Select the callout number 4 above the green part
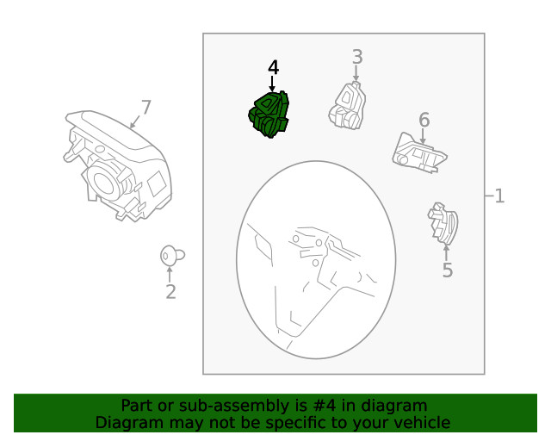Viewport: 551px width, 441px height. pyautogui.click(x=273, y=68)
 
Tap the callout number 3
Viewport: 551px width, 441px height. pyautogui.click(x=356, y=57)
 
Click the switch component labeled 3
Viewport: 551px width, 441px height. pyautogui.click(x=348, y=105)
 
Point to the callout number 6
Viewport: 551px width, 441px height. pyautogui.click(x=424, y=119)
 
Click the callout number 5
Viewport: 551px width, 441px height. pyautogui.click(x=447, y=270)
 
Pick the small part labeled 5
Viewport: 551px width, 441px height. pyautogui.click(x=443, y=224)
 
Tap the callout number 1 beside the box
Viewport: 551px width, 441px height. pyautogui.click(x=498, y=196)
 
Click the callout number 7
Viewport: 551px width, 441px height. pyautogui.click(x=145, y=108)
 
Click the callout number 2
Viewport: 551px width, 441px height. pyautogui.click(x=170, y=292)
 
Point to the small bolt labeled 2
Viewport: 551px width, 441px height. pyautogui.click(x=170, y=255)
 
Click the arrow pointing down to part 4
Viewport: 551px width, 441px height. pyautogui.click(x=273, y=84)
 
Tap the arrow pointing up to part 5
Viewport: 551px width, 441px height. pyautogui.click(x=446, y=252)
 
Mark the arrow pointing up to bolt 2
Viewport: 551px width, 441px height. pyautogui.click(x=170, y=274)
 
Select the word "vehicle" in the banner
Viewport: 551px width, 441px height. pyautogui.click(x=420, y=422)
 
